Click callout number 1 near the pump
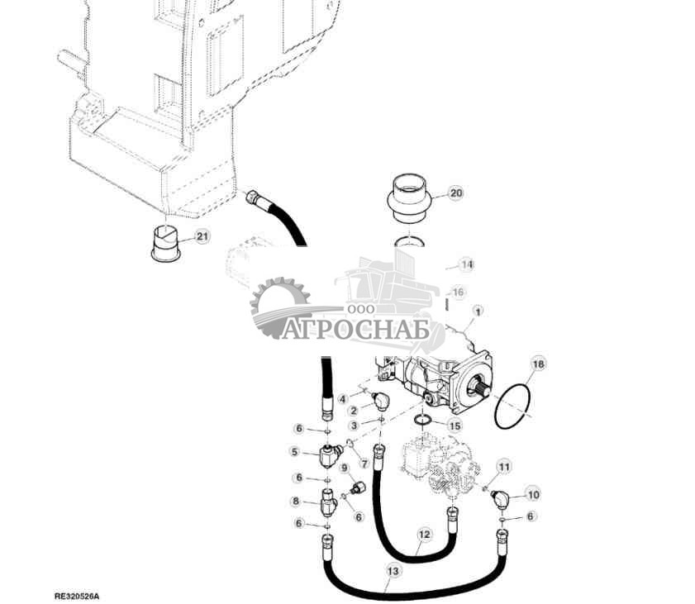click(477, 311)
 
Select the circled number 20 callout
click(455, 193)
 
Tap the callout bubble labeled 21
click(202, 237)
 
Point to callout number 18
click(537, 364)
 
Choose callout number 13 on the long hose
click(392, 569)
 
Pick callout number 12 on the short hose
click(423, 535)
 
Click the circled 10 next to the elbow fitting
click(533, 494)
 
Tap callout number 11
click(504, 468)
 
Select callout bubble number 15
click(455, 425)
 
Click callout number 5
click(293, 451)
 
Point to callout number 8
click(294, 501)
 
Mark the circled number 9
click(344, 468)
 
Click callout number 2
click(353, 410)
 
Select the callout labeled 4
click(342, 398)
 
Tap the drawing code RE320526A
click(82, 595)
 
